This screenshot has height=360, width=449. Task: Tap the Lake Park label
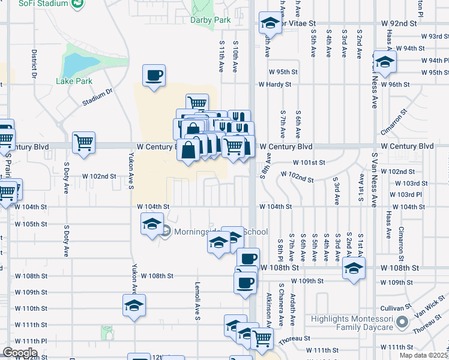(x=74, y=81)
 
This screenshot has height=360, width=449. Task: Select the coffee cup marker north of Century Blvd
(x=154, y=76)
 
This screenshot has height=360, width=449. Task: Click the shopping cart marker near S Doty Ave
(x=83, y=143)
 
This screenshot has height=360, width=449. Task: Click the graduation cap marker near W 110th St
(x=134, y=305)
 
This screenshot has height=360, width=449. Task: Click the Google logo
(x=20, y=353)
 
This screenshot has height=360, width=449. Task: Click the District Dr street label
(x=34, y=64)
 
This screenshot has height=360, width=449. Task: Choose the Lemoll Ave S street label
(x=197, y=300)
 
